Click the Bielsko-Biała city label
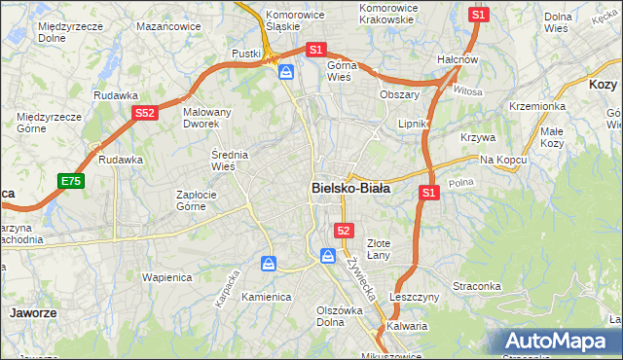click(x=350, y=188)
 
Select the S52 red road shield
click(x=145, y=113)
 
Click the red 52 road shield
click(x=344, y=230)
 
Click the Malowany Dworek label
click(x=207, y=118)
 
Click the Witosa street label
click(x=467, y=90)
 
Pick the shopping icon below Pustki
click(x=286, y=72)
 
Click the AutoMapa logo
click(x=558, y=342)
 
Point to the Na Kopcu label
click(x=502, y=159)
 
